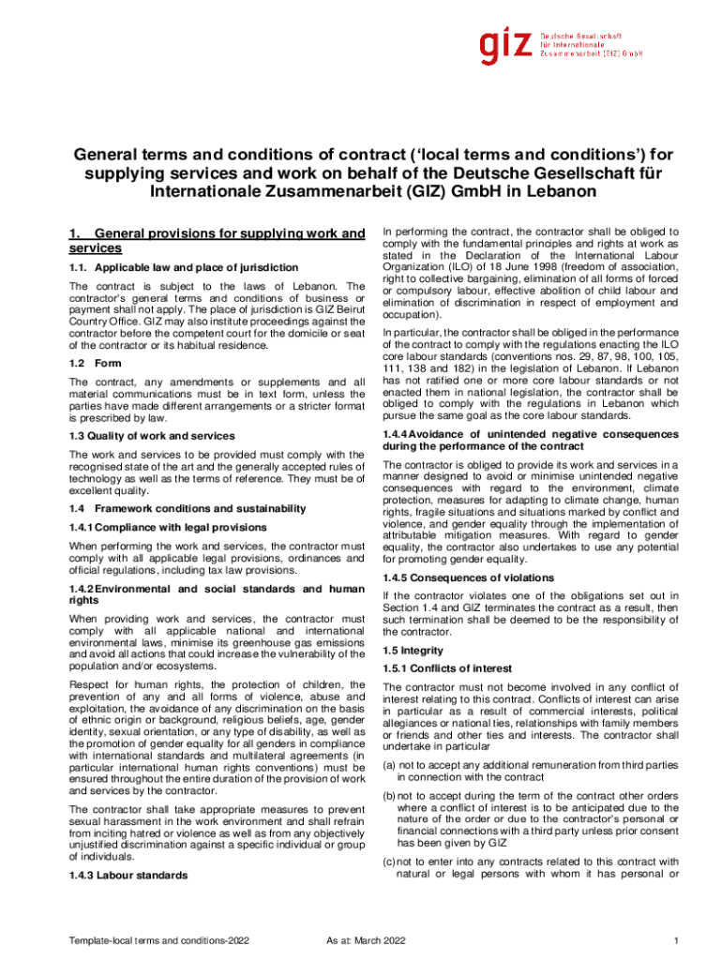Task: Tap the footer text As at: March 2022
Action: pyautogui.click(x=362, y=940)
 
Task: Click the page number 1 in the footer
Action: pyautogui.click(x=674, y=940)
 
